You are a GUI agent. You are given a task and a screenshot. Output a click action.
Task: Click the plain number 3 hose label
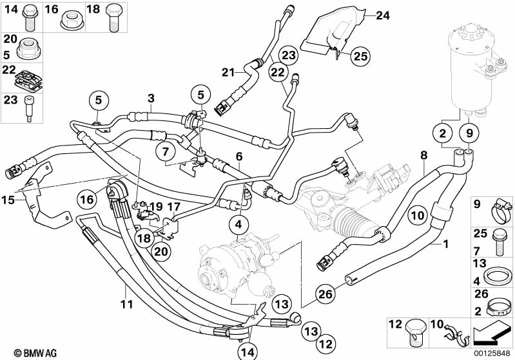pyautogui.click(x=151, y=98)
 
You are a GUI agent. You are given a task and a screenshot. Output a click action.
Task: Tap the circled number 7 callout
pyautogui.click(x=166, y=151)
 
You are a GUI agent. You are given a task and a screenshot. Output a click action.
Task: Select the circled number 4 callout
pyautogui.click(x=238, y=225)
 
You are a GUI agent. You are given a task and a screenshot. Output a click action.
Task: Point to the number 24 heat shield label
pyautogui.click(x=383, y=15)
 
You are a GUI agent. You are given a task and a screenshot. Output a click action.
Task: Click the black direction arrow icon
pyautogui.click(x=491, y=335)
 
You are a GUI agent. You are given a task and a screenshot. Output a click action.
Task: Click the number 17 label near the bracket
pyautogui.click(x=173, y=207)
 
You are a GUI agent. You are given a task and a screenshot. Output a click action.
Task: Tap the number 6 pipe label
pyautogui.click(x=238, y=156)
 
